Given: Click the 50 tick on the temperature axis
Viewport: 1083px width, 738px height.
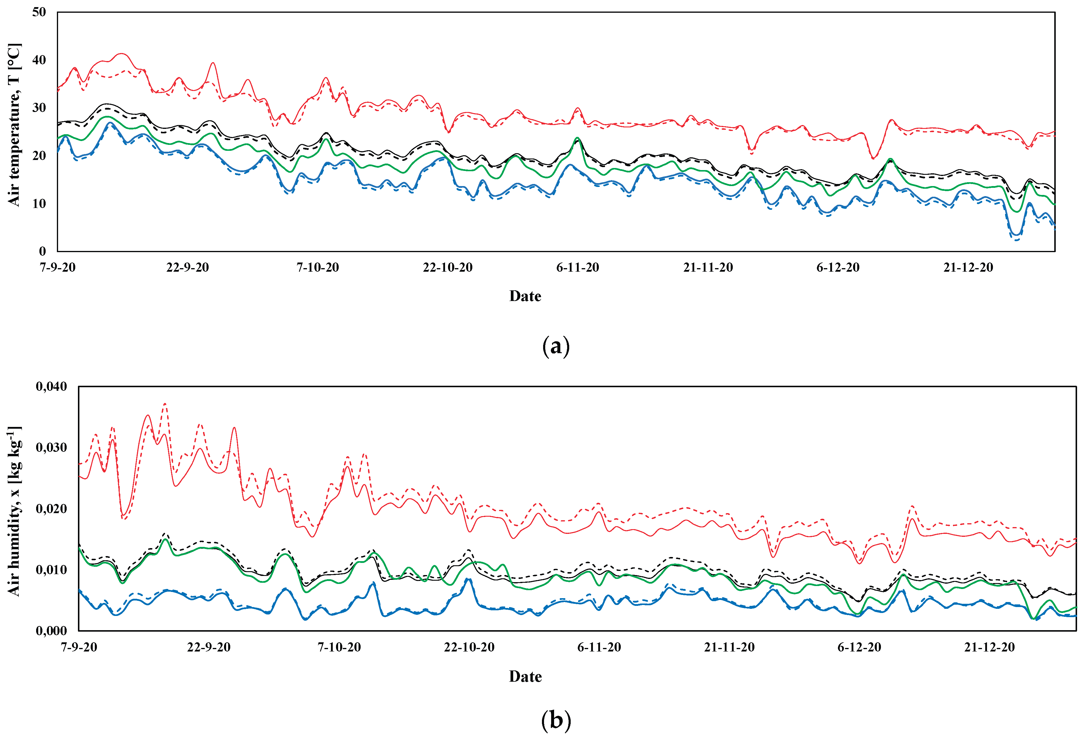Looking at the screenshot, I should coord(39,12).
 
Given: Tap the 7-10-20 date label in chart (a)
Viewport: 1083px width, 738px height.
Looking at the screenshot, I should coord(318,268).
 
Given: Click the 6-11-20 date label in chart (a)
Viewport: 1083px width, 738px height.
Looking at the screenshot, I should coord(578,268).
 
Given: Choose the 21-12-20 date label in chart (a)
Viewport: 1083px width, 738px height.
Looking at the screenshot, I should coord(968,268).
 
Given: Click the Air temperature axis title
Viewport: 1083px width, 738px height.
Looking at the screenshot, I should coord(14,125).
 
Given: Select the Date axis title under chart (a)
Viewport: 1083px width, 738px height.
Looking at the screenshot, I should coord(525,296).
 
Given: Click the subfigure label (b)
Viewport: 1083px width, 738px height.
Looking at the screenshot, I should coord(556,720).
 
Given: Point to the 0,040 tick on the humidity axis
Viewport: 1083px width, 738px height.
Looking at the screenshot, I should coord(51,386).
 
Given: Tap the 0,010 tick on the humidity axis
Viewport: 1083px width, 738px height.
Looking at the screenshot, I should coord(51,570).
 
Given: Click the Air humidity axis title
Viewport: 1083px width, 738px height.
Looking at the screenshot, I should coord(14,511).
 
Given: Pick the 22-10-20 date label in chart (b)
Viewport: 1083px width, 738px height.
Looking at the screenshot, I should coord(469,647).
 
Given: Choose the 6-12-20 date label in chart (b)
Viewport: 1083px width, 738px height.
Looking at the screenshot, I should coord(859,647).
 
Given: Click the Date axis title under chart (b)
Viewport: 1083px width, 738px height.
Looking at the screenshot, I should coord(525,676).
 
